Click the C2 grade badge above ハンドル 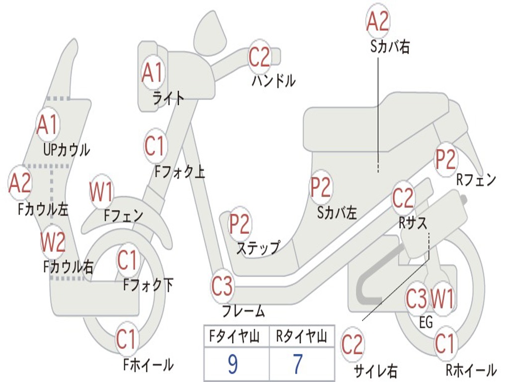[259, 57]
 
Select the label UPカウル [66, 149]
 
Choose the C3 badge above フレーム [222, 286]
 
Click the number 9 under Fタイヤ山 [232, 365]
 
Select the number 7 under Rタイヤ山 [297, 365]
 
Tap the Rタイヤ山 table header [301, 338]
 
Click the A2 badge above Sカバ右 [377, 21]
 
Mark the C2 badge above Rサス [403, 198]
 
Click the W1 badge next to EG [442, 299]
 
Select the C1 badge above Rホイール [444, 343]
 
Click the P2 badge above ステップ [240, 224]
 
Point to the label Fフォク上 [179, 172]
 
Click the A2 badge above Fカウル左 [20, 183]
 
